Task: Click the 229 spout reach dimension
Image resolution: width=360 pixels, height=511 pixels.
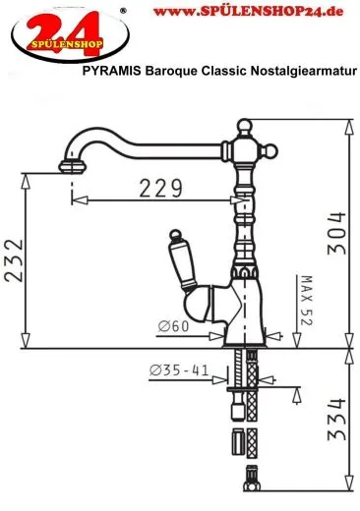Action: tap(160, 188)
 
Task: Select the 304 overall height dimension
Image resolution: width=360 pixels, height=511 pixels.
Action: tap(337, 233)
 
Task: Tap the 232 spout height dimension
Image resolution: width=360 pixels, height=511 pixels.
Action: tap(14, 260)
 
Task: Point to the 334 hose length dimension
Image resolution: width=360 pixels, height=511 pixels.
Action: tap(337, 420)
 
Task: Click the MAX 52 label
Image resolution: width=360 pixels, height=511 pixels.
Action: tap(307, 301)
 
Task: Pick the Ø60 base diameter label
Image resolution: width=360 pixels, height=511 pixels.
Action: tap(173, 326)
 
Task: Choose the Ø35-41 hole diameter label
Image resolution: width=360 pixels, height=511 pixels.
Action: tap(179, 370)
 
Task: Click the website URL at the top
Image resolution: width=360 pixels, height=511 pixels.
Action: tap(248, 12)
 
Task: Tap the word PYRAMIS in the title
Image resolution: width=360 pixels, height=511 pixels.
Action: tap(112, 71)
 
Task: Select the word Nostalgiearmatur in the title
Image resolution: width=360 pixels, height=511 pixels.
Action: tap(304, 71)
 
